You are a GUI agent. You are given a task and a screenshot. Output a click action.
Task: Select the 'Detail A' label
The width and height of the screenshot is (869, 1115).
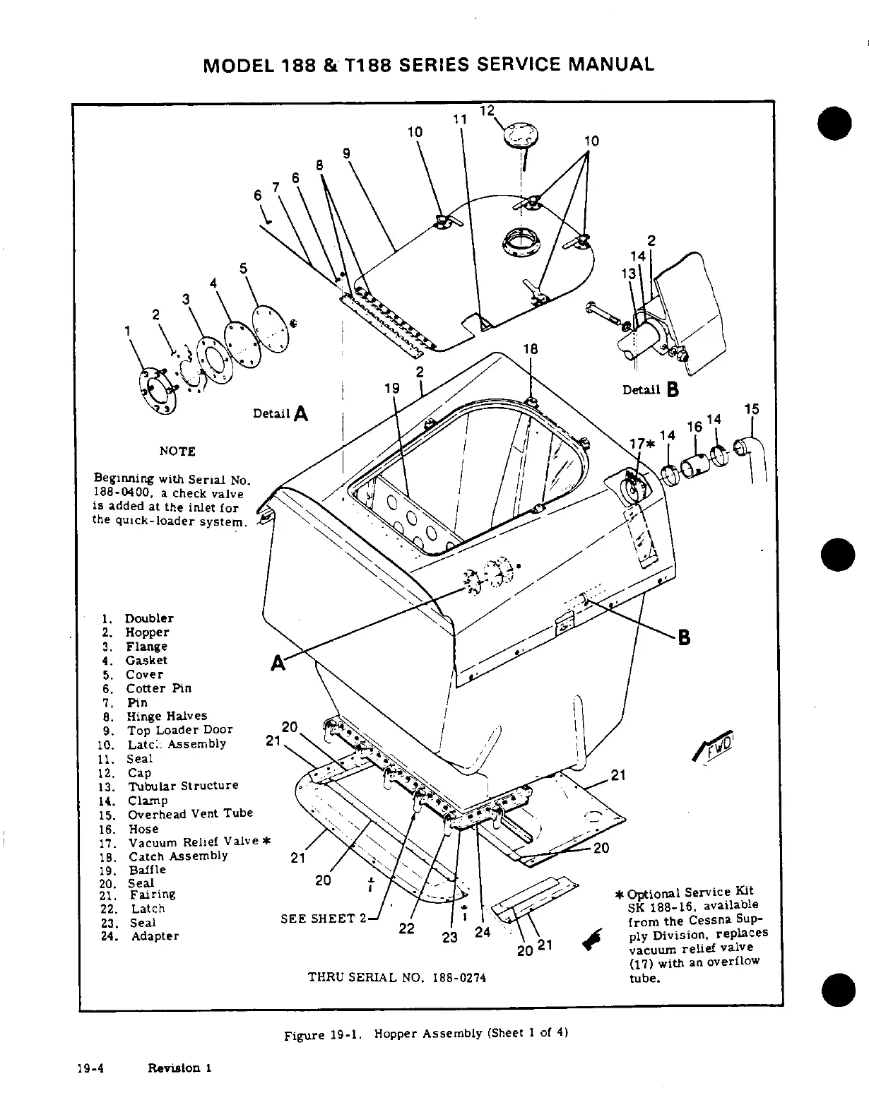(x=280, y=413)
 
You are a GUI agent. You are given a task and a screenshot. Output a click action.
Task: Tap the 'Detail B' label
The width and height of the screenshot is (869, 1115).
(x=650, y=389)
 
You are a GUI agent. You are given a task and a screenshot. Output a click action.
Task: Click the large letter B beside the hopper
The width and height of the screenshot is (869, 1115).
(x=684, y=637)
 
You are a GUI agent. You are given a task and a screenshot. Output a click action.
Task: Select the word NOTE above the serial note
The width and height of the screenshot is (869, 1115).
(x=177, y=452)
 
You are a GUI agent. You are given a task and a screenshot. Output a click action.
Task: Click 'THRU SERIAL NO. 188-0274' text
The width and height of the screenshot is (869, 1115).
(x=397, y=978)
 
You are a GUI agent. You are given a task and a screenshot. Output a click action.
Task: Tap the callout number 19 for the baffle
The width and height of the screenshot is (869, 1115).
(x=391, y=388)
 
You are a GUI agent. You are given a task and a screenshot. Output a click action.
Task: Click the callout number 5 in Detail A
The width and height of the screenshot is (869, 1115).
(x=244, y=268)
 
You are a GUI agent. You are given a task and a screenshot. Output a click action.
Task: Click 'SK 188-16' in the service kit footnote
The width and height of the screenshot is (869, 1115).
(x=655, y=907)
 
